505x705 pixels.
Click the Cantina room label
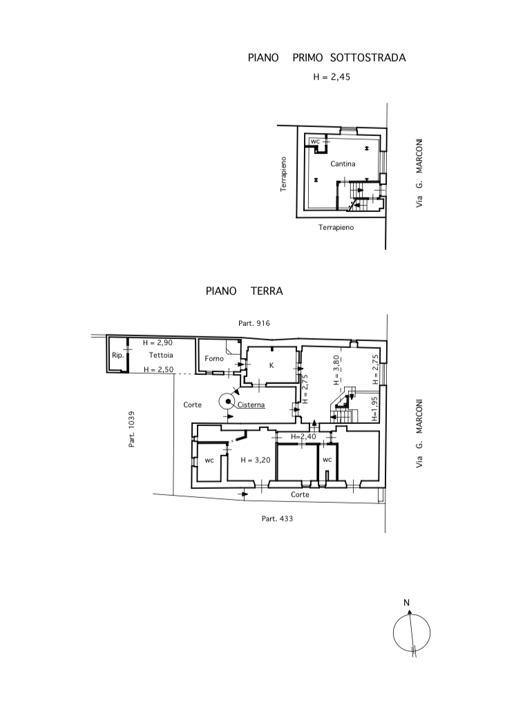tap(343, 164)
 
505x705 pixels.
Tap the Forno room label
tap(214, 358)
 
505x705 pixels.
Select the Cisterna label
tap(251, 405)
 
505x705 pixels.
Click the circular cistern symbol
tap(229, 401)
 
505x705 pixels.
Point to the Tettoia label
tap(161, 355)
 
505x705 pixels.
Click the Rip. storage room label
tap(118, 355)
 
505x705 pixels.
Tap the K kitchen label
tap(271, 365)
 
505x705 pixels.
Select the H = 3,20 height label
tap(256, 460)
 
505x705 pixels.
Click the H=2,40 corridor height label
tap(303, 436)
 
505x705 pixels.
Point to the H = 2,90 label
tap(158, 342)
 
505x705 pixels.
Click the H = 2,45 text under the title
tap(332, 77)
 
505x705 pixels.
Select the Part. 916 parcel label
tap(254, 323)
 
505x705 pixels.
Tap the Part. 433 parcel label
tap(277, 519)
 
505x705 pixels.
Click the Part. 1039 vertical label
tap(132, 429)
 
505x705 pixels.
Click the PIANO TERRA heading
tap(244, 291)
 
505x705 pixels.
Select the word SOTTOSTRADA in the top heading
tap(368, 57)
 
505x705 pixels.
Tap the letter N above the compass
tap(406, 603)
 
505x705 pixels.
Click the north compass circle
tap(393, 632)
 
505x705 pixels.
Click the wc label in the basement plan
tap(315, 142)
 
